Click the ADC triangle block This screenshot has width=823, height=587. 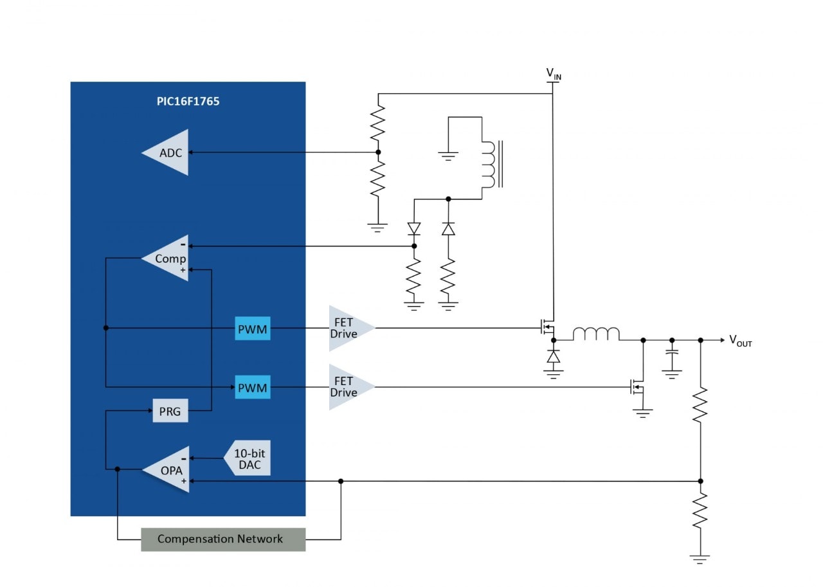[170, 152]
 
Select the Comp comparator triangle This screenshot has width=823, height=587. [170, 258]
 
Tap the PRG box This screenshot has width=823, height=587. [170, 411]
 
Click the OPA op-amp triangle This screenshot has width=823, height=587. [170, 469]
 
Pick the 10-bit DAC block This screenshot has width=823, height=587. [248, 458]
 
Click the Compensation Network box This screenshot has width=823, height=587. [223, 539]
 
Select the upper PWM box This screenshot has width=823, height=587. [253, 329]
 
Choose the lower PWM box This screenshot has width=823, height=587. [253, 387]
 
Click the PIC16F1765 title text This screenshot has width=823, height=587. [188, 102]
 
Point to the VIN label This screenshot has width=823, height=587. [554, 74]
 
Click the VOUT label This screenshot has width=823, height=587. [741, 341]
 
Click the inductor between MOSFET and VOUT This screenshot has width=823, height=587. [596, 334]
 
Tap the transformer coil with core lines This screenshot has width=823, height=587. [492, 164]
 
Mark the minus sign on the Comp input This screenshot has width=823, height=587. [183, 245]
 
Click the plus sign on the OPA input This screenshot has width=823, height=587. [184, 480]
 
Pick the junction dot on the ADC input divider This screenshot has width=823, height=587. [378, 152]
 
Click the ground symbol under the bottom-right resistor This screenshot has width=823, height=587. [700, 559]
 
